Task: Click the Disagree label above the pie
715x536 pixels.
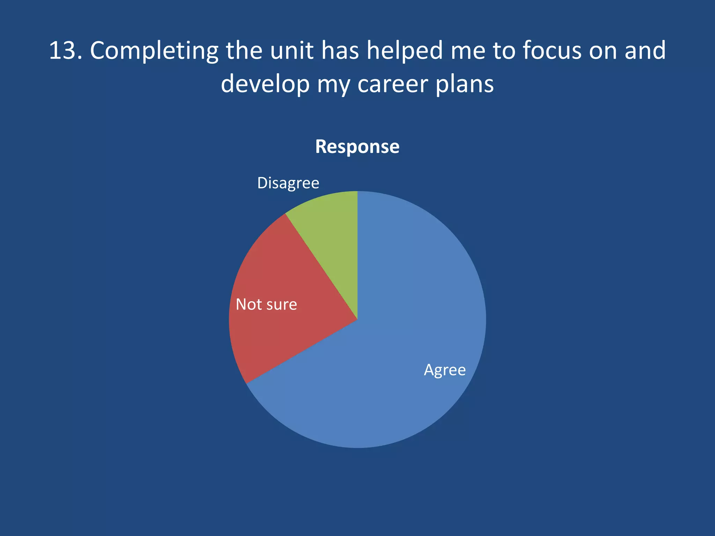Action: click(x=288, y=183)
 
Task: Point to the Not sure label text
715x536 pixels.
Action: click(x=266, y=304)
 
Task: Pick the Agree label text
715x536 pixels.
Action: click(x=445, y=370)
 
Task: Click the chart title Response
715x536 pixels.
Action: click(x=357, y=147)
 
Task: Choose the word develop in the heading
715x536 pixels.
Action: click(x=265, y=85)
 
